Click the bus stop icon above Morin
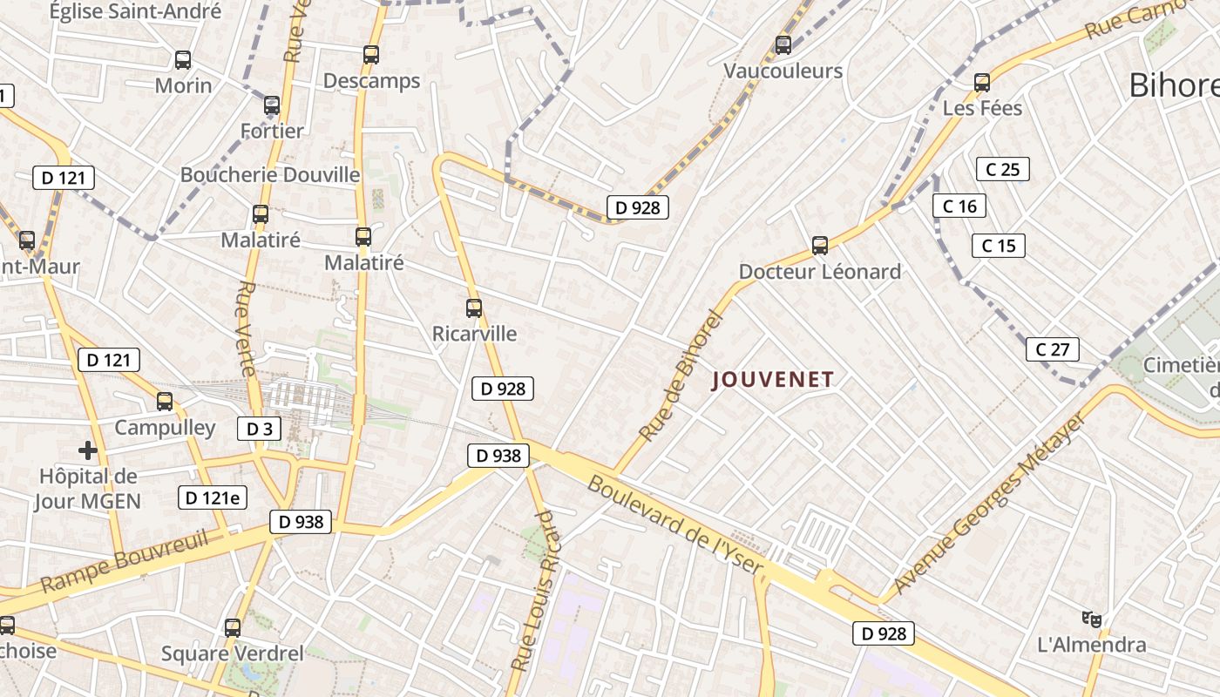pos(183,60)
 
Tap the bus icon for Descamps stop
pos(371,55)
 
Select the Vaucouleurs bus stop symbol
pos(783,44)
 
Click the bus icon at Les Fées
pos(982,83)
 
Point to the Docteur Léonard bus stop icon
pos(820,246)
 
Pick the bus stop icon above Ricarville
pos(474,308)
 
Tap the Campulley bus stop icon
pos(165,402)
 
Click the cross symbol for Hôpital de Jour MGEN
pos(88,450)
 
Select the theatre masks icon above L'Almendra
pos(1091,619)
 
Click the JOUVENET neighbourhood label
pos(773,379)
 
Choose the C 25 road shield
pos(1002,169)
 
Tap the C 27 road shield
pos(1052,349)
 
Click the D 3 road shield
pos(260,428)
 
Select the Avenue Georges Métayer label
pos(989,504)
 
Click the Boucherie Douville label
pos(270,174)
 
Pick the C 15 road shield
pos(999,246)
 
